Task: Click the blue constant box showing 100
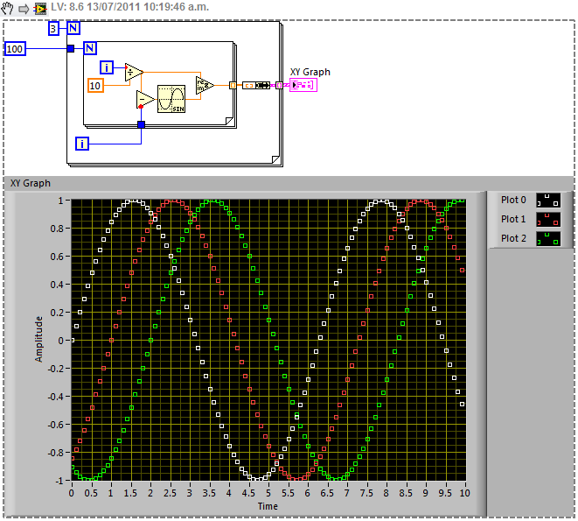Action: tap(16, 49)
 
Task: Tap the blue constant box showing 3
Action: tap(53, 29)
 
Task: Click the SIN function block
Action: tap(171, 99)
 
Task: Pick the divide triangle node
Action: tap(134, 72)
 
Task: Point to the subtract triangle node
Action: tap(145, 99)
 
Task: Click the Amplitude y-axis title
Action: tap(38, 340)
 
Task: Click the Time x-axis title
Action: tap(268, 506)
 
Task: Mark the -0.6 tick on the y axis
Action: tap(56, 425)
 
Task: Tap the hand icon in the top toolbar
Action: tap(9, 9)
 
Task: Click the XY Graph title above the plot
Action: tap(31, 183)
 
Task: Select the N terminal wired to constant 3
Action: tap(73, 29)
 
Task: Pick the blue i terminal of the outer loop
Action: tap(82, 142)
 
